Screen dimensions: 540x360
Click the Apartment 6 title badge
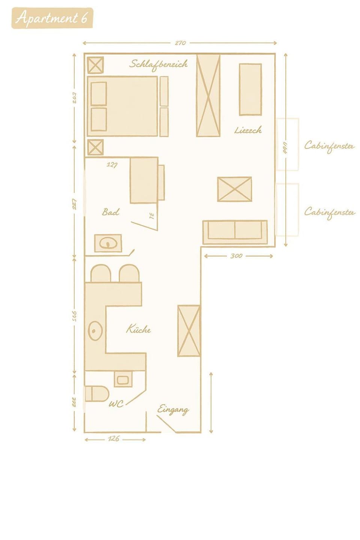tap(52, 18)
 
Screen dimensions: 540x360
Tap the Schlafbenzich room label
tap(158, 64)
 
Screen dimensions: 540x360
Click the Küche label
tap(138, 329)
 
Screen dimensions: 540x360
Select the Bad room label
tap(111, 212)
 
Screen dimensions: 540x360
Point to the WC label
tap(116, 404)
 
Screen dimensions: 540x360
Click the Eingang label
tap(173, 409)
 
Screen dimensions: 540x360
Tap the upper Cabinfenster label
tap(329, 146)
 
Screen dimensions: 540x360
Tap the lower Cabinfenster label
tap(329, 212)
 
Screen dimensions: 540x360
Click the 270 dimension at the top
tap(180, 43)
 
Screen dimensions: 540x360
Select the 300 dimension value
tap(236, 256)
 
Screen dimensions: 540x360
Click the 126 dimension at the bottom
tap(114, 439)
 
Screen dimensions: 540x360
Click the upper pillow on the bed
tap(99, 93)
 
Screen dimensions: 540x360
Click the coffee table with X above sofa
tap(234, 189)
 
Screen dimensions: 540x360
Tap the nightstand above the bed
tap(95, 65)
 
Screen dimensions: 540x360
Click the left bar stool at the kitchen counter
tap(100, 274)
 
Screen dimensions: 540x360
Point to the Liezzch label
tap(248, 130)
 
